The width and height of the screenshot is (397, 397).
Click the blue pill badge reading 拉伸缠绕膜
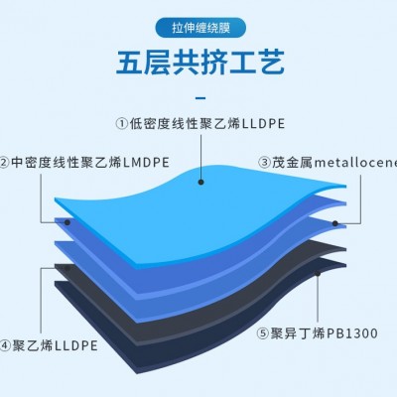coord(200,28)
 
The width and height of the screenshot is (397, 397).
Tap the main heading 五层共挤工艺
coord(200,63)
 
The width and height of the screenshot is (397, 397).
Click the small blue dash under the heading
coord(200,98)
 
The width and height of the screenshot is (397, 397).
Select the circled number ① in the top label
coord(122,124)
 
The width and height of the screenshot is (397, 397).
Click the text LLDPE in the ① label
coord(264,124)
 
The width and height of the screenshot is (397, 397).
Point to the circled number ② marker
coord(3,163)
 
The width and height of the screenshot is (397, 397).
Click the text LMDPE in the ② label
coord(146,163)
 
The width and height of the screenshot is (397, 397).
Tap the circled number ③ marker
coord(264,163)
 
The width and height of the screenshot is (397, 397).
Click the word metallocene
coord(355,163)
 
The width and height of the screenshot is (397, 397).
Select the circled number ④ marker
coord(5,345)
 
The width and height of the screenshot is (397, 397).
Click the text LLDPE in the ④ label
coord(75,345)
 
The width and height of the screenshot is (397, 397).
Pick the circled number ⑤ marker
coord(263,333)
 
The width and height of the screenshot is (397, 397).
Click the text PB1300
coord(352,333)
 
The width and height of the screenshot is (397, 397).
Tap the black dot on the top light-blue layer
coord(200,182)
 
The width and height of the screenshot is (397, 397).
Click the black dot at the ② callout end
coord(67,222)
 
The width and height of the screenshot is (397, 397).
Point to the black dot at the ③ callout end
coord(334,223)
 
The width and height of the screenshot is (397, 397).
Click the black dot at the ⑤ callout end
coord(318,274)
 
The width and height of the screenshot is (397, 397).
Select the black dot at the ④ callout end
coord(66,268)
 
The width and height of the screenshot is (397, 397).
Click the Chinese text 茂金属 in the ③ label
coord(293,163)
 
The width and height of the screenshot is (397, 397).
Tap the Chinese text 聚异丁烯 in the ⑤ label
coord(298,333)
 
